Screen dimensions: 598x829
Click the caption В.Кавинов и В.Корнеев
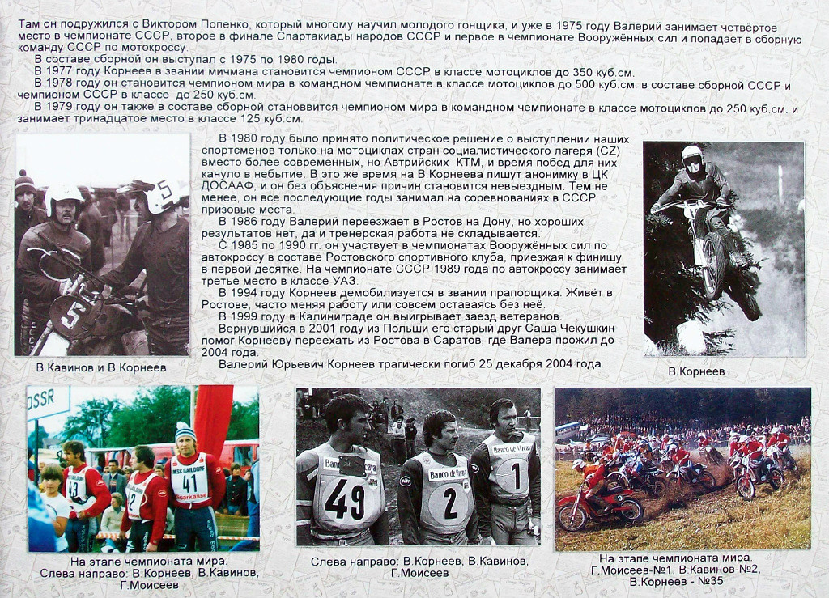[101, 367]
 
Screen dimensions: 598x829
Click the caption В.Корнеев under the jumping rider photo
[696, 371]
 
